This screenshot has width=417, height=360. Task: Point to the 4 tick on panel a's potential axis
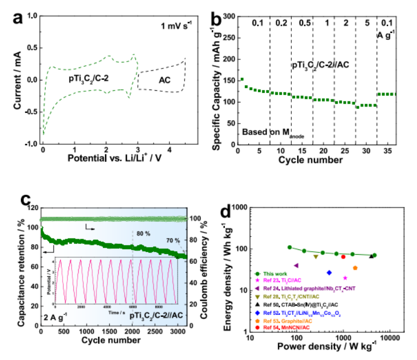click(x=170, y=152)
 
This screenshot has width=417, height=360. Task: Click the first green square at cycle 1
click(x=242, y=79)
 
